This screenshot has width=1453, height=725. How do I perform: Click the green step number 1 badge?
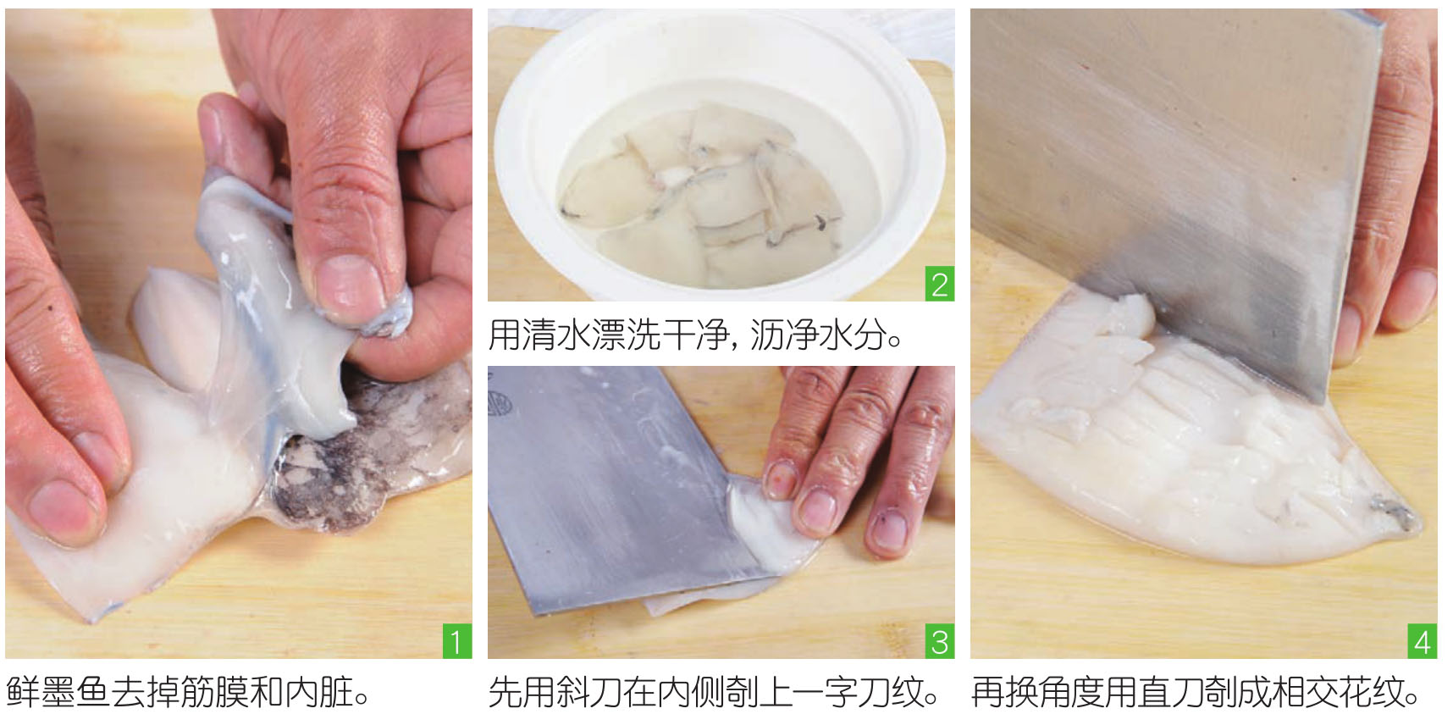click(457, 642)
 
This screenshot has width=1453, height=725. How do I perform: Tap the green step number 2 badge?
click(940, 285)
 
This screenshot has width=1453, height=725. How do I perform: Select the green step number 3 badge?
click(940, 642)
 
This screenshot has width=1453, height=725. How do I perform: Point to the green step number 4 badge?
click(1423, 642)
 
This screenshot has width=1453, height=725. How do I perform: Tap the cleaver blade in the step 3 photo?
click(618, 483)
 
